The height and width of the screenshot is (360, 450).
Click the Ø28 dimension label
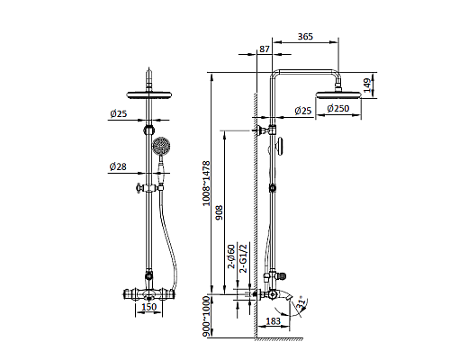click(x=117, y=167)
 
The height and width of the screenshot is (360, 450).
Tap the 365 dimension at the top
click(x=305, y=37)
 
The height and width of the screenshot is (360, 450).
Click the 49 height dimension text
click(x=367, y=85)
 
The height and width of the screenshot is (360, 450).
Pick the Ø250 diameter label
click(x=338, y=110)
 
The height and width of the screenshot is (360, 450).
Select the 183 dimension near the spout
click(x=274, y=321)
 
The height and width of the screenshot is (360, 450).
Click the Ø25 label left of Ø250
click(x=302, y=110)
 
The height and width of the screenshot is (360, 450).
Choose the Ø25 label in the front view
click(x=117, y=113)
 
